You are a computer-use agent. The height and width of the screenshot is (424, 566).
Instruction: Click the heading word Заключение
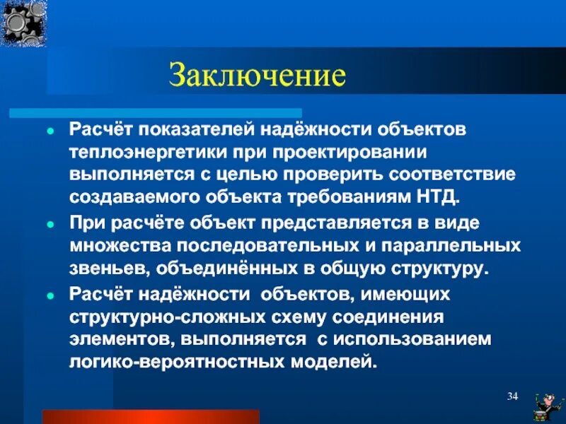(x=258, y=74)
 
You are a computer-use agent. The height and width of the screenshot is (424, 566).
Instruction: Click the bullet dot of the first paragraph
(x=50, y=132)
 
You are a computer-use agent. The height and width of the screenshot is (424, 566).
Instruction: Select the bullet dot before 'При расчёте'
(x=50, y=224)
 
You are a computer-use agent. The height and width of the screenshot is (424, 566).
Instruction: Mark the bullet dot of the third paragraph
(x=50, y=294)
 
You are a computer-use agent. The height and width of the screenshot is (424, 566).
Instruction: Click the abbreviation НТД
(x=440, y=196)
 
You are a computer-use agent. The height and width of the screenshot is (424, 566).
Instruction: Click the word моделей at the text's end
(x=342, y=361)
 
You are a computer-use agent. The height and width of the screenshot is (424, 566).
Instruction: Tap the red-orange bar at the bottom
(x=151, y=416)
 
